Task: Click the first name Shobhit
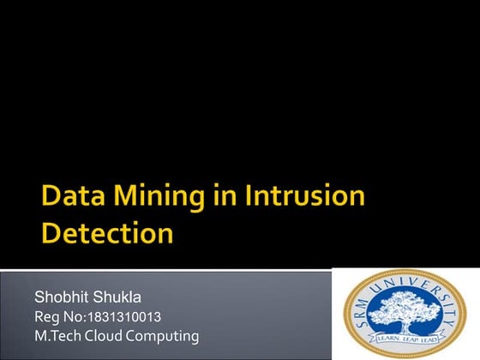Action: pos(60,298)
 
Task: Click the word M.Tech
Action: pos(57,336)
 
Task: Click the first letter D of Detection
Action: pos(51,234)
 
